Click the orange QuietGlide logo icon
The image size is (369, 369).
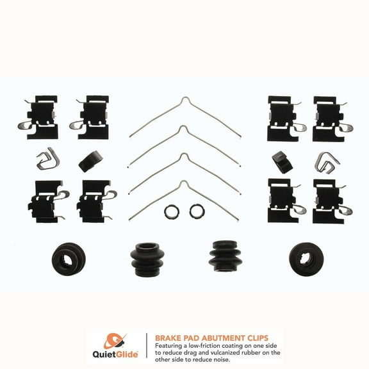click(x=114, y=340)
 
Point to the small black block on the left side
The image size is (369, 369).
click(x=90, y=160)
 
